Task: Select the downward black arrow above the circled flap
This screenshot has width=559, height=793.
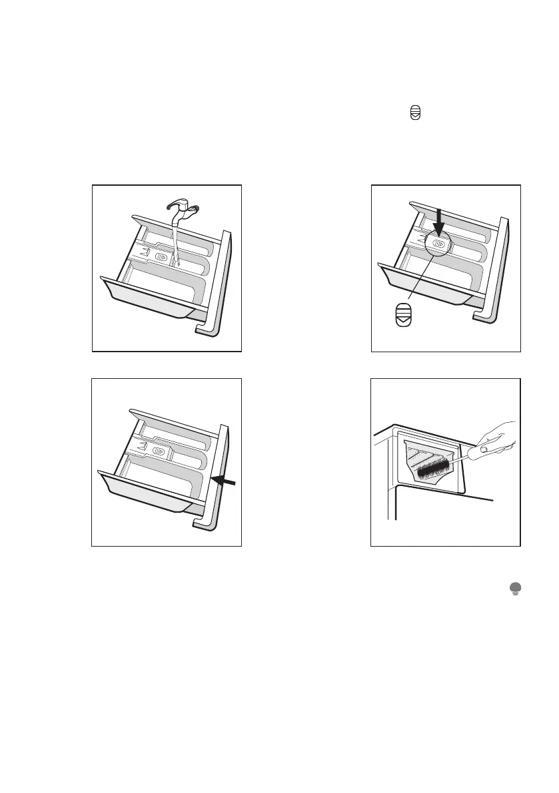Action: pos(438,220)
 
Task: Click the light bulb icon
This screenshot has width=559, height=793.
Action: pos(515,587)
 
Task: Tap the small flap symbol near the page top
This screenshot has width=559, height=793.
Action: pos(416,115)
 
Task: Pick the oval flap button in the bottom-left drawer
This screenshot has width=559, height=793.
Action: pos(160,451)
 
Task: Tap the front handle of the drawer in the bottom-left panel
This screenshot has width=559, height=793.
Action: pos(143,496)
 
